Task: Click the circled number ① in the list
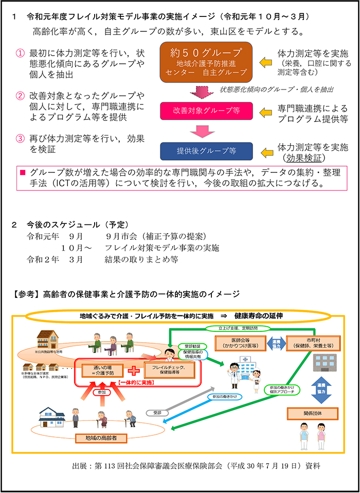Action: [20, 53]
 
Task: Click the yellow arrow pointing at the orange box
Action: [265, 62]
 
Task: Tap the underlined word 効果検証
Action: [307, 158]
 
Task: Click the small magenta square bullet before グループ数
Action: [22, 172]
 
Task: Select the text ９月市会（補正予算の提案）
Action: [155, 237]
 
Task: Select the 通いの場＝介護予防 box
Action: [101, 370]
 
